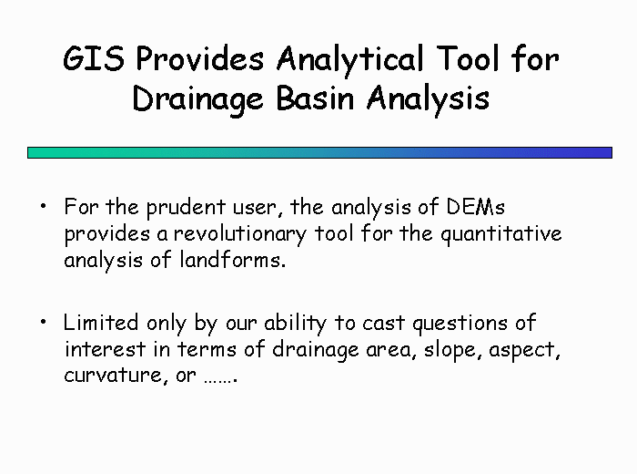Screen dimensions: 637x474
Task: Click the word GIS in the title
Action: click(94, 58)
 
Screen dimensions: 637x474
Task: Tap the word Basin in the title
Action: click(315, 98)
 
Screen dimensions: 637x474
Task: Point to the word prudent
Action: click(186, 208)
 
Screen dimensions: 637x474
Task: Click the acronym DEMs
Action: click(476, 207)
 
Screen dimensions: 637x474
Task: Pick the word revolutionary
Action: click(240, 234)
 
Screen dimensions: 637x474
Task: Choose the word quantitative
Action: click(501, 235)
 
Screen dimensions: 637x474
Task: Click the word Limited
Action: click(101, 323)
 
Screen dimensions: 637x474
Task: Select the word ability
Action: click(296, 324)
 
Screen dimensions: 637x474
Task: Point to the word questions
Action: click(460, 325)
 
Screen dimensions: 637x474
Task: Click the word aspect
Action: click(524, 351)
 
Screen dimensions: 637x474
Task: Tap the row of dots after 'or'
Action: click(220, 380)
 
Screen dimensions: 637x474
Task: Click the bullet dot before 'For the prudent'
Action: click(44, 206)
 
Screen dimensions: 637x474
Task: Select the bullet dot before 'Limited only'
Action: click(44, 323)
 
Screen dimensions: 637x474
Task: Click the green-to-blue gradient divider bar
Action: click(319, 152)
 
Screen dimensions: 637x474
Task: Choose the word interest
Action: click(105, 349)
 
